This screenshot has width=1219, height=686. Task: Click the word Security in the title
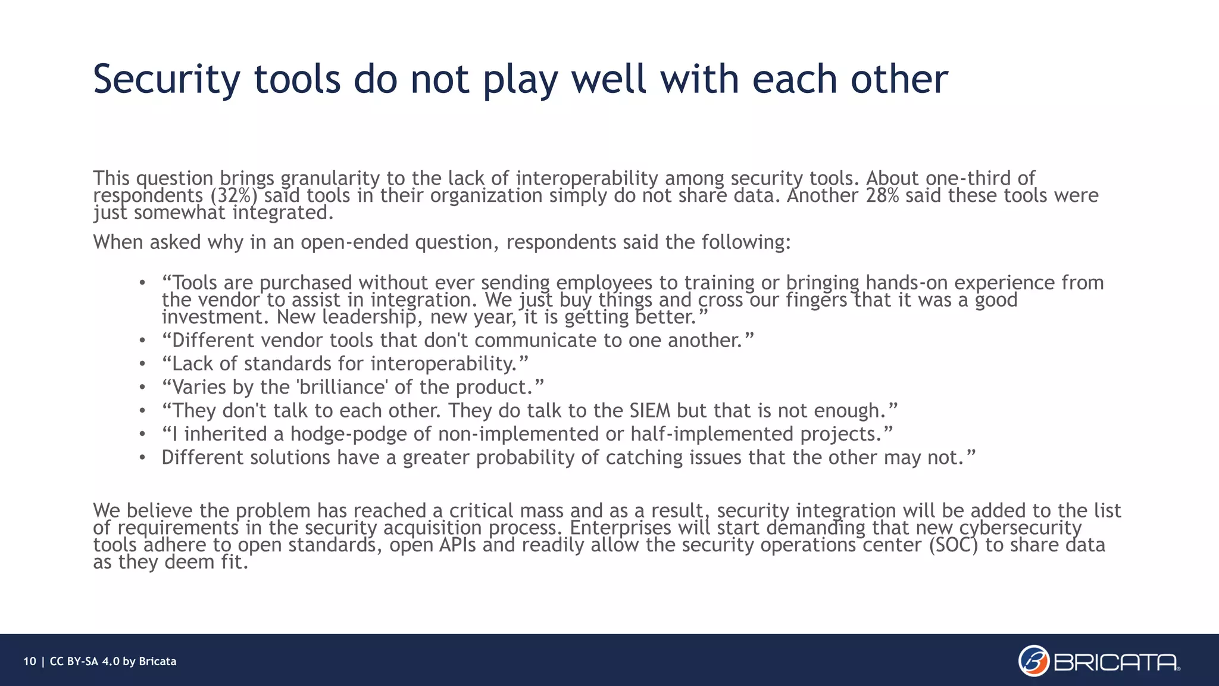[167, 79]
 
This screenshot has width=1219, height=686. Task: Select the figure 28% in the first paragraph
[882, 195]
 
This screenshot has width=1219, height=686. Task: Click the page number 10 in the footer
[30, 662]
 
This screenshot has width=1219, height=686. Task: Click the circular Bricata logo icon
[1033, 661]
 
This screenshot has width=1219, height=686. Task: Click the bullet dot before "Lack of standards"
[142, 364]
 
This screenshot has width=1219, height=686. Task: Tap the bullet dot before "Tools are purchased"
[142, 283]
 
